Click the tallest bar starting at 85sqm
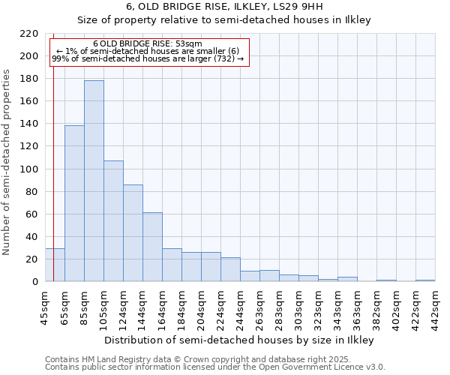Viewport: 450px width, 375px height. point(94,181)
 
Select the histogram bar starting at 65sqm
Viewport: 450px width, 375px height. point(74,203)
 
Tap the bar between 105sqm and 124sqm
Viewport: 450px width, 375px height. point(113,221)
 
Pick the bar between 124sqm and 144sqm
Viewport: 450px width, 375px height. point(133,233)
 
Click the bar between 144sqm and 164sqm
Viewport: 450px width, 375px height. point(152,247)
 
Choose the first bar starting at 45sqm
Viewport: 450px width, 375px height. point(55,265)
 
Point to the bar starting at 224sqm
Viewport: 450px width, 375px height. point(230,269)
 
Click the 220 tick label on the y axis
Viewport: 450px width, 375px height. point(28,34)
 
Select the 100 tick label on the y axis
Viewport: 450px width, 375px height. point(28,169)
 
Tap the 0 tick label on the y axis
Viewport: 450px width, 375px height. point(34,282)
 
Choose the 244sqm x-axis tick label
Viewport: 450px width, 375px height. point(241,307)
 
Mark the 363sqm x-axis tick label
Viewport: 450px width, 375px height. point(358,307)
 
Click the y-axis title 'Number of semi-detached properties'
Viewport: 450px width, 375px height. point(7,162)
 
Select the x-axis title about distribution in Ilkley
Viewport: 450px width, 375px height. point(238,340)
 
